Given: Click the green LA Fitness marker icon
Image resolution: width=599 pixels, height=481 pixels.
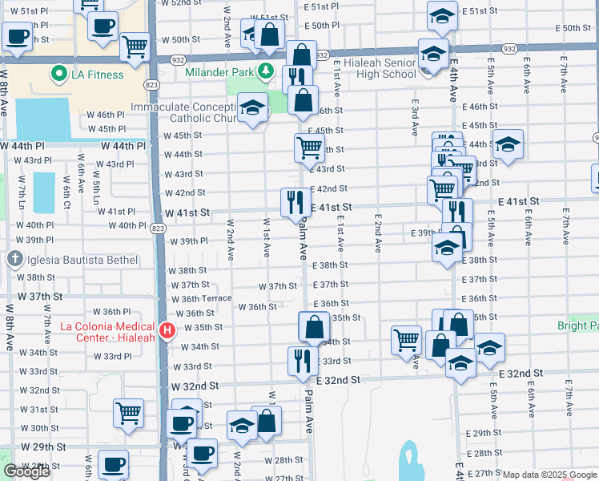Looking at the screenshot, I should coord(58,75).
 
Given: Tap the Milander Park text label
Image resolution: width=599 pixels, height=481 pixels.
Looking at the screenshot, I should coord(219,72).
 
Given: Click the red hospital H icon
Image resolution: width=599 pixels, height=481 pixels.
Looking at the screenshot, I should coord(167,330).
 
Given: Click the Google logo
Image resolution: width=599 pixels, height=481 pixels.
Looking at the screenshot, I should coord(26,471).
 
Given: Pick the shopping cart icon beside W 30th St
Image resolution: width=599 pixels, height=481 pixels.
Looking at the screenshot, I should coord(128,413).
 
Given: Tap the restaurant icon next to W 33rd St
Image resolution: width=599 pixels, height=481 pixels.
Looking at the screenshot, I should coord(303,360).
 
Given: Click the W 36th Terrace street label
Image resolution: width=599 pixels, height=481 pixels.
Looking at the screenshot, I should coord(201,298).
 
